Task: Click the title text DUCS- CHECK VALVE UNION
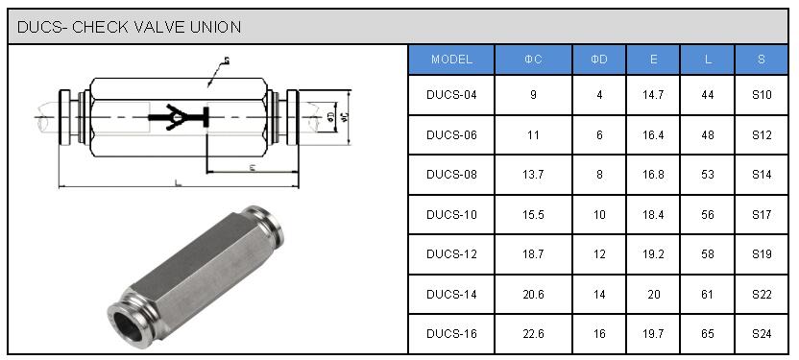[x=129, y=27]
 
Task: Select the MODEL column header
[x=451, y=60]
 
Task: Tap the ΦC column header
[x=533, y=60]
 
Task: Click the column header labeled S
[x=762, y=60]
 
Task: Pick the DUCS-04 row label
[x=451, y=95]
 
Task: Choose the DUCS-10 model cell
[x=451, y=215]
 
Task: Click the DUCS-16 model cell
[x=451, y=334]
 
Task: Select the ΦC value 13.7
[x=533, y=175]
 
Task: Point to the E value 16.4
[x=653, y=135]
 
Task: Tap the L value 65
[x=708, y=334]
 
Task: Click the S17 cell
[x=762, y=215]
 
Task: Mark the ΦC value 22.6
[x=533, y=334]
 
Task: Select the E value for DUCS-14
[x=653, y=295]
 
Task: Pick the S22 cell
[x=762, y=295]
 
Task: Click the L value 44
[x=708, y=95]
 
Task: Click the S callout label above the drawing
[x=227, y=61]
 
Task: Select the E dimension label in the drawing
[x=252, y=167]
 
